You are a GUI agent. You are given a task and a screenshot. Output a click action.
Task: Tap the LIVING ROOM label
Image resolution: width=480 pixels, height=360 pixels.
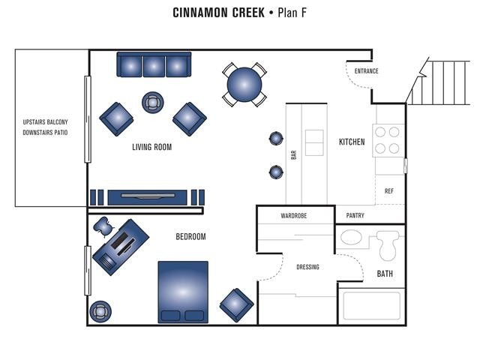point(151,147)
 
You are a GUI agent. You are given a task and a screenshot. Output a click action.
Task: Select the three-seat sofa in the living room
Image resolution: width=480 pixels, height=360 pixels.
point(154,65)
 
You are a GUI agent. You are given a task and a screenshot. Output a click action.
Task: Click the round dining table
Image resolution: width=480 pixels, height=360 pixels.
point(244,84)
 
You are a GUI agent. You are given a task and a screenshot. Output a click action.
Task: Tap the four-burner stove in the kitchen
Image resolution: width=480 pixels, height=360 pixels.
point(388,139)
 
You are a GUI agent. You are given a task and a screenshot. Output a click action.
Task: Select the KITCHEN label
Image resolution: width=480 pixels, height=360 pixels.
point(352,142)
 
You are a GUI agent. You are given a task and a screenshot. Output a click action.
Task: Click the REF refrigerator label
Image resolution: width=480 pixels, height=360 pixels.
point(388,191)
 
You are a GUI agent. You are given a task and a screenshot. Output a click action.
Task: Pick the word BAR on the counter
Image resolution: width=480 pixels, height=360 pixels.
point(294,154)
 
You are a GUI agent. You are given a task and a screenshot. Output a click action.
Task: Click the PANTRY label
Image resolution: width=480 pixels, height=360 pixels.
point(355,215)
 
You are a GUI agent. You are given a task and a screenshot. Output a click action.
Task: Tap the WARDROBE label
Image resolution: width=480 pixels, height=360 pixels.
point(293,215)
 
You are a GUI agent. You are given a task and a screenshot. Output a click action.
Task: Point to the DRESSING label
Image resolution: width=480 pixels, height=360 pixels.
point(307,267)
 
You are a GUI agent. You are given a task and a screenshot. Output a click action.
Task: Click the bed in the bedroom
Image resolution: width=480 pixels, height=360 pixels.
point(183,292)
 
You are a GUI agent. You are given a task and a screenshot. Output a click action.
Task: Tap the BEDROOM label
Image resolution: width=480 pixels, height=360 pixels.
point(190,237)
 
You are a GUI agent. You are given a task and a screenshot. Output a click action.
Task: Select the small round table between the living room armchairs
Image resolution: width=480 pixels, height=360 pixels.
point(153,101)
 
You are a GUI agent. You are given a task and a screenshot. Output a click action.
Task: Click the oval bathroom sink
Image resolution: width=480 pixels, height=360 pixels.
point(350,239)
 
